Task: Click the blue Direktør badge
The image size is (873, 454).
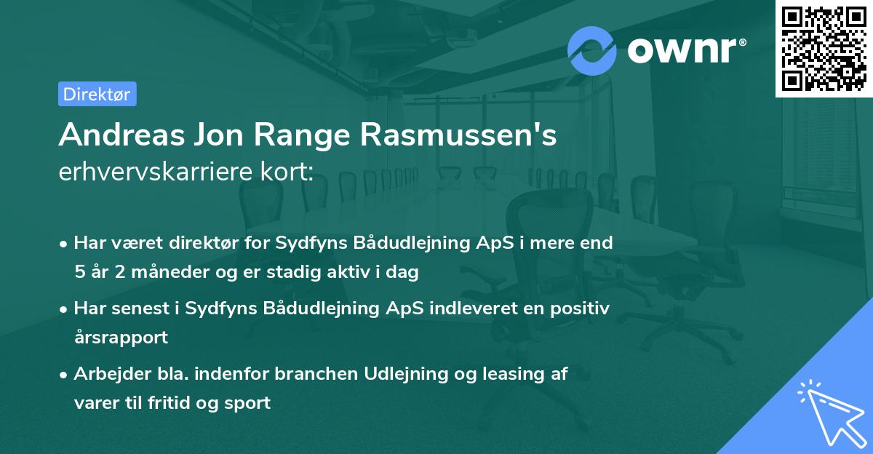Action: click(97, 94)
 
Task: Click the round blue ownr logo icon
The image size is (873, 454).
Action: click(592, 50)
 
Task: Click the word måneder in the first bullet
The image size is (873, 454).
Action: click(162, 273)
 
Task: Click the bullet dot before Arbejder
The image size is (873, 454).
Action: click(65, 375)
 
